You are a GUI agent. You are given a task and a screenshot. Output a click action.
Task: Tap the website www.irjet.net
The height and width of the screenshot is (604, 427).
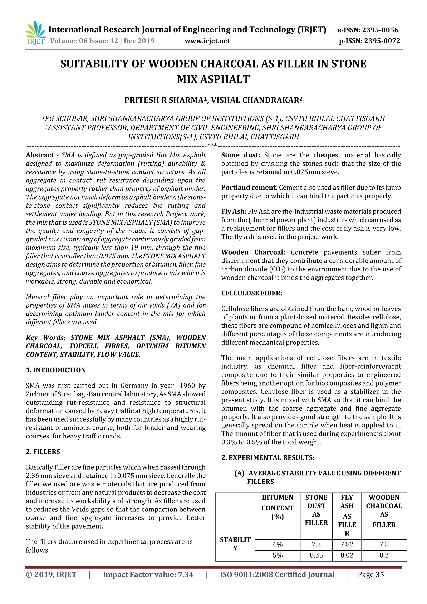[207, 41]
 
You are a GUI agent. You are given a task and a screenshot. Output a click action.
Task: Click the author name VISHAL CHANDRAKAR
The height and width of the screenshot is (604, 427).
[256, 100]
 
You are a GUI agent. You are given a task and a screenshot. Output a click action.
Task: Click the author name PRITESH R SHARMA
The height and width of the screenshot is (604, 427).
[164, 100]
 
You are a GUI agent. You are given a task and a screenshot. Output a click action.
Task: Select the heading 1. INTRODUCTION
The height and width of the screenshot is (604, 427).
[56, 370]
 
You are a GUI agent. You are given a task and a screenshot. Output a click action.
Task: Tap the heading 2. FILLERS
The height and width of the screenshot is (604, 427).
[43, 451]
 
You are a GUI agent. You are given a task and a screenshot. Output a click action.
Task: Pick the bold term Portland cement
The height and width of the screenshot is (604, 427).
[248, 188]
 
